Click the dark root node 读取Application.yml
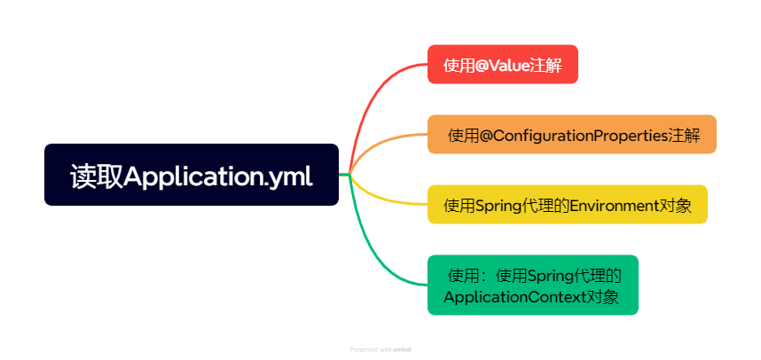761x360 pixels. coord(192,175)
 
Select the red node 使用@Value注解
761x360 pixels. coord(502,64)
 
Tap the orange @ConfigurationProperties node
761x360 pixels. coord(571,135)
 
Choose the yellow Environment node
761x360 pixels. coord(567,205)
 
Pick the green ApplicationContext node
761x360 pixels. coord(531,285)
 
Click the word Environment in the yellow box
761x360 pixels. coord(613,206)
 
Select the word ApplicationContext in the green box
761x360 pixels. coord(514,296)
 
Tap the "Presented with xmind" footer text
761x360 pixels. coord(380,349)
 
